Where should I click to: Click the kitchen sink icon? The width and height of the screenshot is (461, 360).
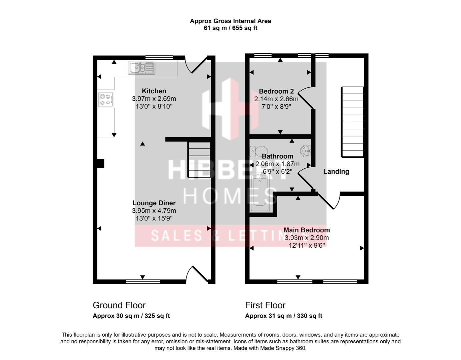141,68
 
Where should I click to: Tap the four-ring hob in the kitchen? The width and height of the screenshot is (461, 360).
106,99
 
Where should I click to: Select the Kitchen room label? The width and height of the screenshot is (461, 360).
154,91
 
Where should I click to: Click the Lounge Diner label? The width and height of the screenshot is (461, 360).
154,203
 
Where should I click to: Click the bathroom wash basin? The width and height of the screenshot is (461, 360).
306,151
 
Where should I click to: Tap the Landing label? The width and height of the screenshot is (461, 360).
336,171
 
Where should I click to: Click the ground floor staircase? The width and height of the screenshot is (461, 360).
199,160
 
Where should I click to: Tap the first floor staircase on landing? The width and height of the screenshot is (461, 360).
352,122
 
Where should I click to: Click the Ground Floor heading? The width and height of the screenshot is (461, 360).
119,305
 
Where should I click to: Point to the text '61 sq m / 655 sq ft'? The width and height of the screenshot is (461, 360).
230,28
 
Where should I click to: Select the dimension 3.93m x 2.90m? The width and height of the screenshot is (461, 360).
307,238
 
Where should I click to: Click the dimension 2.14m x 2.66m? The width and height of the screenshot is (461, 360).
276,99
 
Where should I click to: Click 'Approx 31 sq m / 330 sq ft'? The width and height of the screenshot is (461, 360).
284,316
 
